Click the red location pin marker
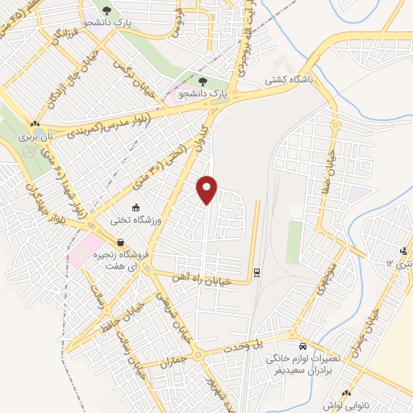point(207,190)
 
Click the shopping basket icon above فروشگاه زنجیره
point(120,243)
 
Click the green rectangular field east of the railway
point(294,242)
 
